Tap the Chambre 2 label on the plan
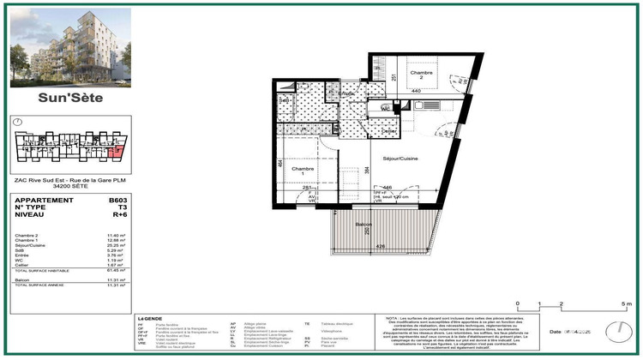(x=418, y=75)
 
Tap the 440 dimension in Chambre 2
(x=416, y=90)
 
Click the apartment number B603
(x=117, y=200)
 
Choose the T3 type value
(x=121, y=208)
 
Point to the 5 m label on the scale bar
(x=629, y=305)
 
